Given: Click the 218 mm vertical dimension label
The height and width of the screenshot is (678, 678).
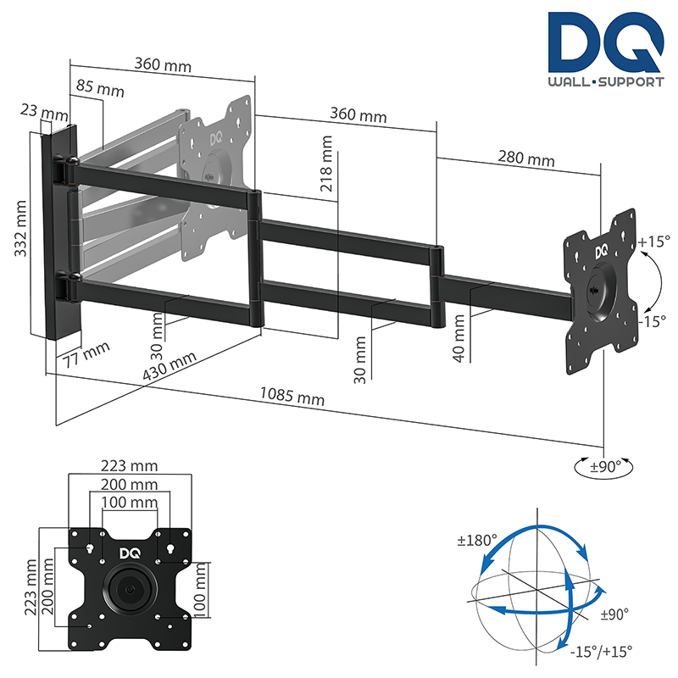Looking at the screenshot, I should coord(327,166).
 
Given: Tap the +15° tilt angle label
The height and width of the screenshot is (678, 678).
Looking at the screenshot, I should coord(653,242).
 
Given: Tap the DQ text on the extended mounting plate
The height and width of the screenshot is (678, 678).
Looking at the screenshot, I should coord(601,252).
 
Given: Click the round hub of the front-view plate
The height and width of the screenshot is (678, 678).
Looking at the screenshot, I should coord(129,590).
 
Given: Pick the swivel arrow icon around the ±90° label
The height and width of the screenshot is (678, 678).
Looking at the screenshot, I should coord(603,465).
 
